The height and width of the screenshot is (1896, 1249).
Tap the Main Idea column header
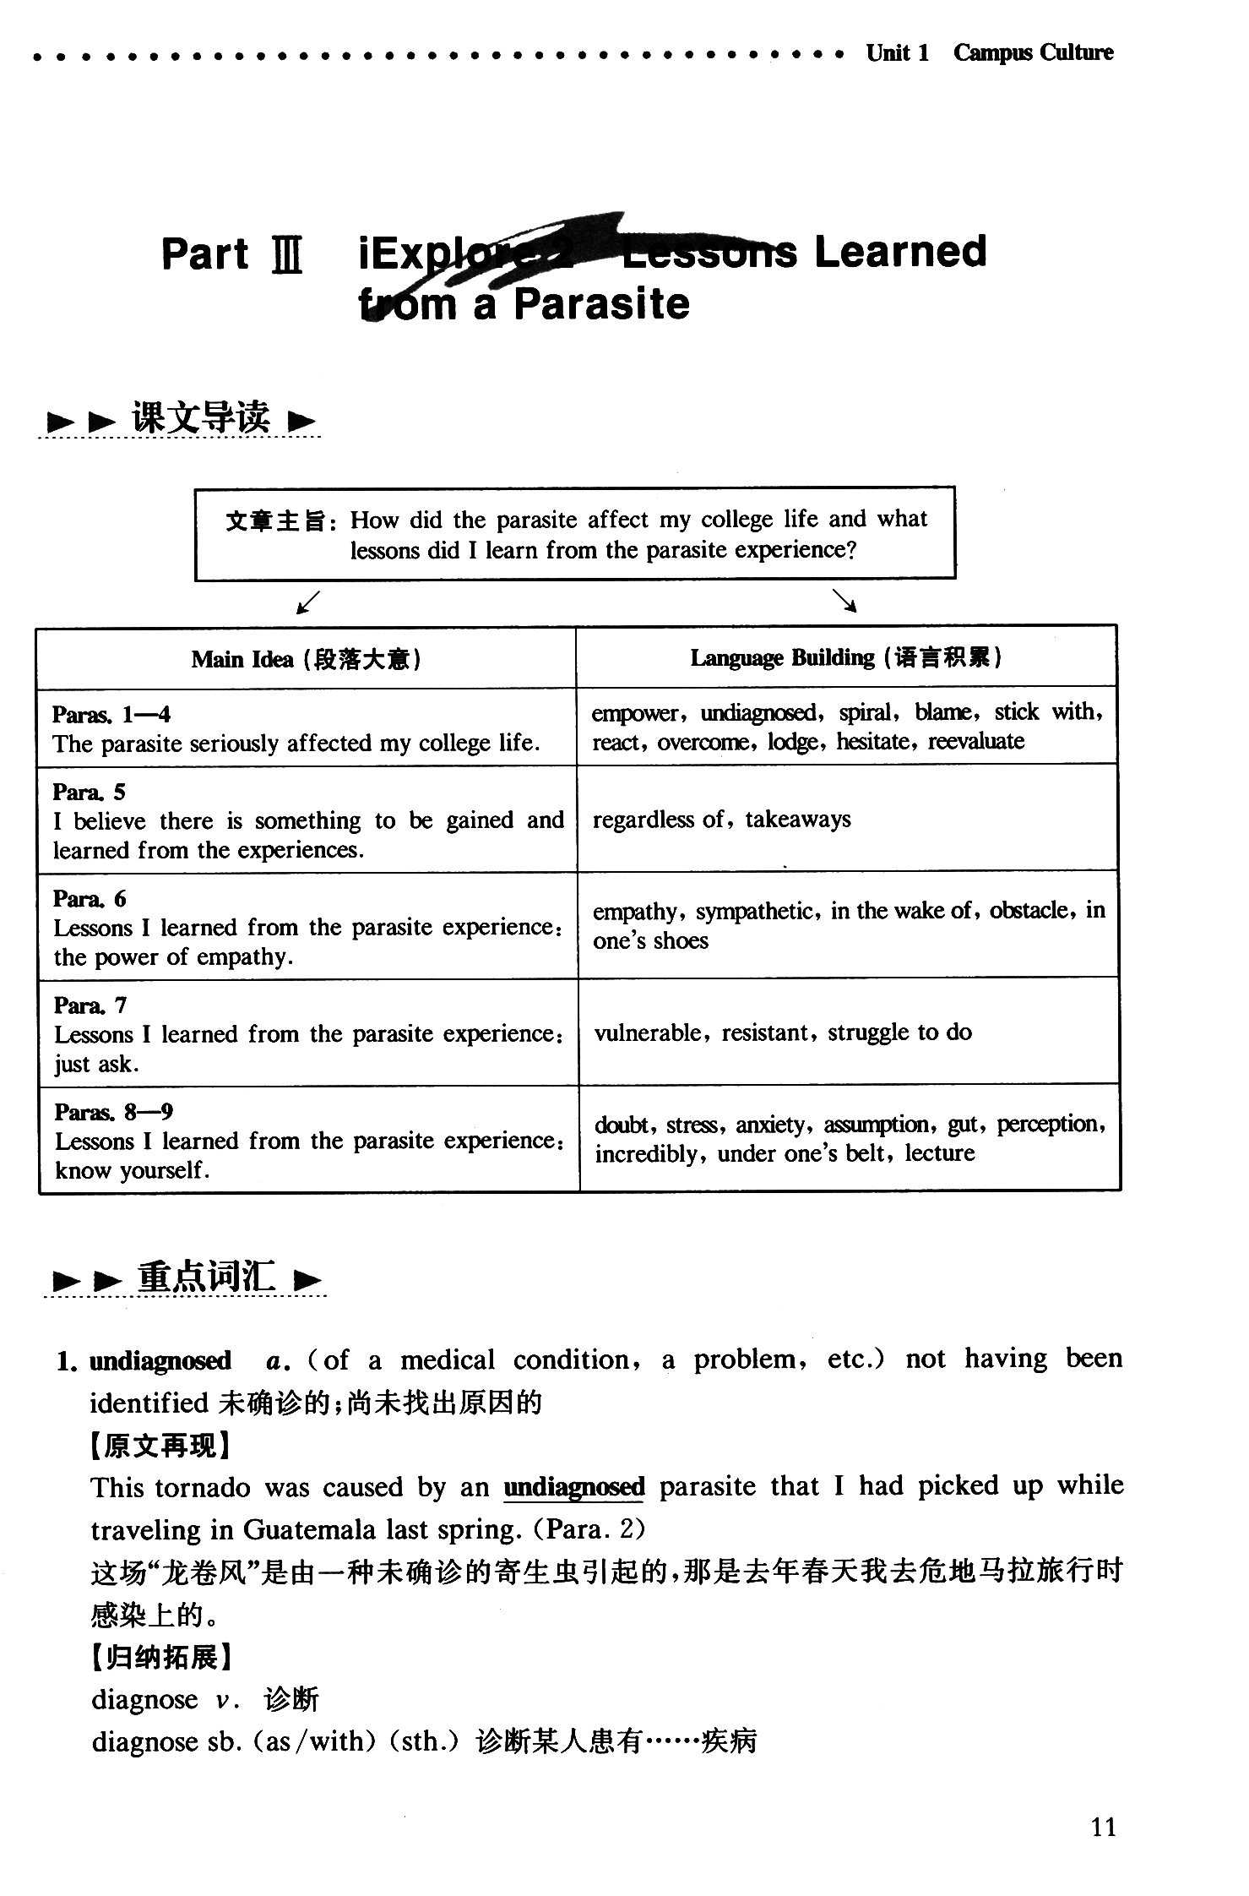click(306, 659)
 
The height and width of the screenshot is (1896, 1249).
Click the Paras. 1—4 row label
click(111, 715)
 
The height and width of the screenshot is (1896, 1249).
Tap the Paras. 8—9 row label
click(114, 1112)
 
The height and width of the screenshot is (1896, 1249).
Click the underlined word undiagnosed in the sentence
click(573, 1486)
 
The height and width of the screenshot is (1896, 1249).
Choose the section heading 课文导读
click(201, 417)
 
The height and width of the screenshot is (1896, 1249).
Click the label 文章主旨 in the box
click(276, 520)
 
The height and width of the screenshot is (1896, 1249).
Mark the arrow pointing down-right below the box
click(844, 601)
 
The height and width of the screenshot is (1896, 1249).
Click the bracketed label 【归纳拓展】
click(160, 1657)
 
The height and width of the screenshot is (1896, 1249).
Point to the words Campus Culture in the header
click(1033, 52)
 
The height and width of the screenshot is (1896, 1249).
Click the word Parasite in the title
click(601, 304)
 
